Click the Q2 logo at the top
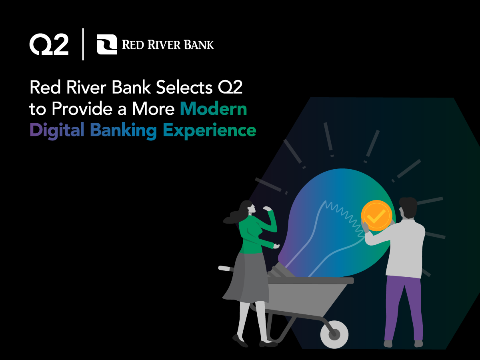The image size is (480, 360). pyautogui.click(x=49, y=44)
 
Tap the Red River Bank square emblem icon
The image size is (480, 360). pyautogui.click(x=107, y=44)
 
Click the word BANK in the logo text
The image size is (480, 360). pyautogui.click(x=198, y=45)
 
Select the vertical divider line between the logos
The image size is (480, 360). pyautogui.click(x=83, y=44)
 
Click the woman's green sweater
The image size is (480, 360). pyautogui.click(x=252, y=236)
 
